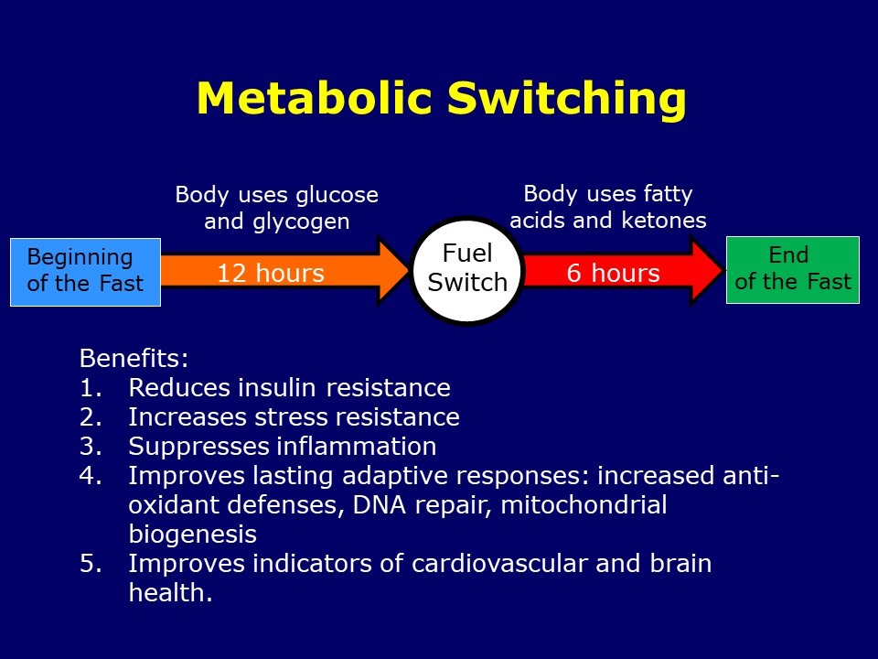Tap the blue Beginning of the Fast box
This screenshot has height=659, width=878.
tap(85, 271)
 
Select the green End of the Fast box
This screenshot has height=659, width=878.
tap(792, 269)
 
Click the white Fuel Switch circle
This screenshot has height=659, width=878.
tap(467, 269)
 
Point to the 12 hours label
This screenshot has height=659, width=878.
tap(271, 274)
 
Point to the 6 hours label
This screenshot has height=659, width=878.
tap(613, 274)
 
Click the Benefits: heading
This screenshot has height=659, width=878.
tap(134, 358)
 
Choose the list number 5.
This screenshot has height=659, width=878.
tap(89, 563)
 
